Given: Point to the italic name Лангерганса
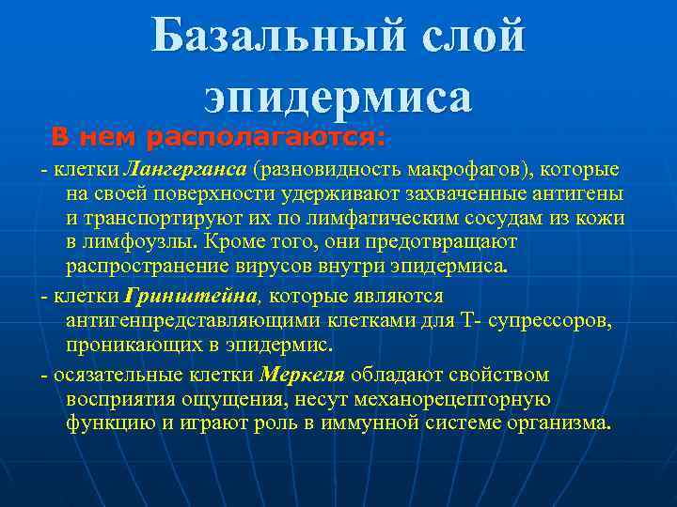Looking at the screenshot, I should click(184, 171).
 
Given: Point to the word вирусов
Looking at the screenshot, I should click(307, 266).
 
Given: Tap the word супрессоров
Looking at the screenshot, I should click(555, 321).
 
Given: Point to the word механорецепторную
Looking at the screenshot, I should click(468, 400).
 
